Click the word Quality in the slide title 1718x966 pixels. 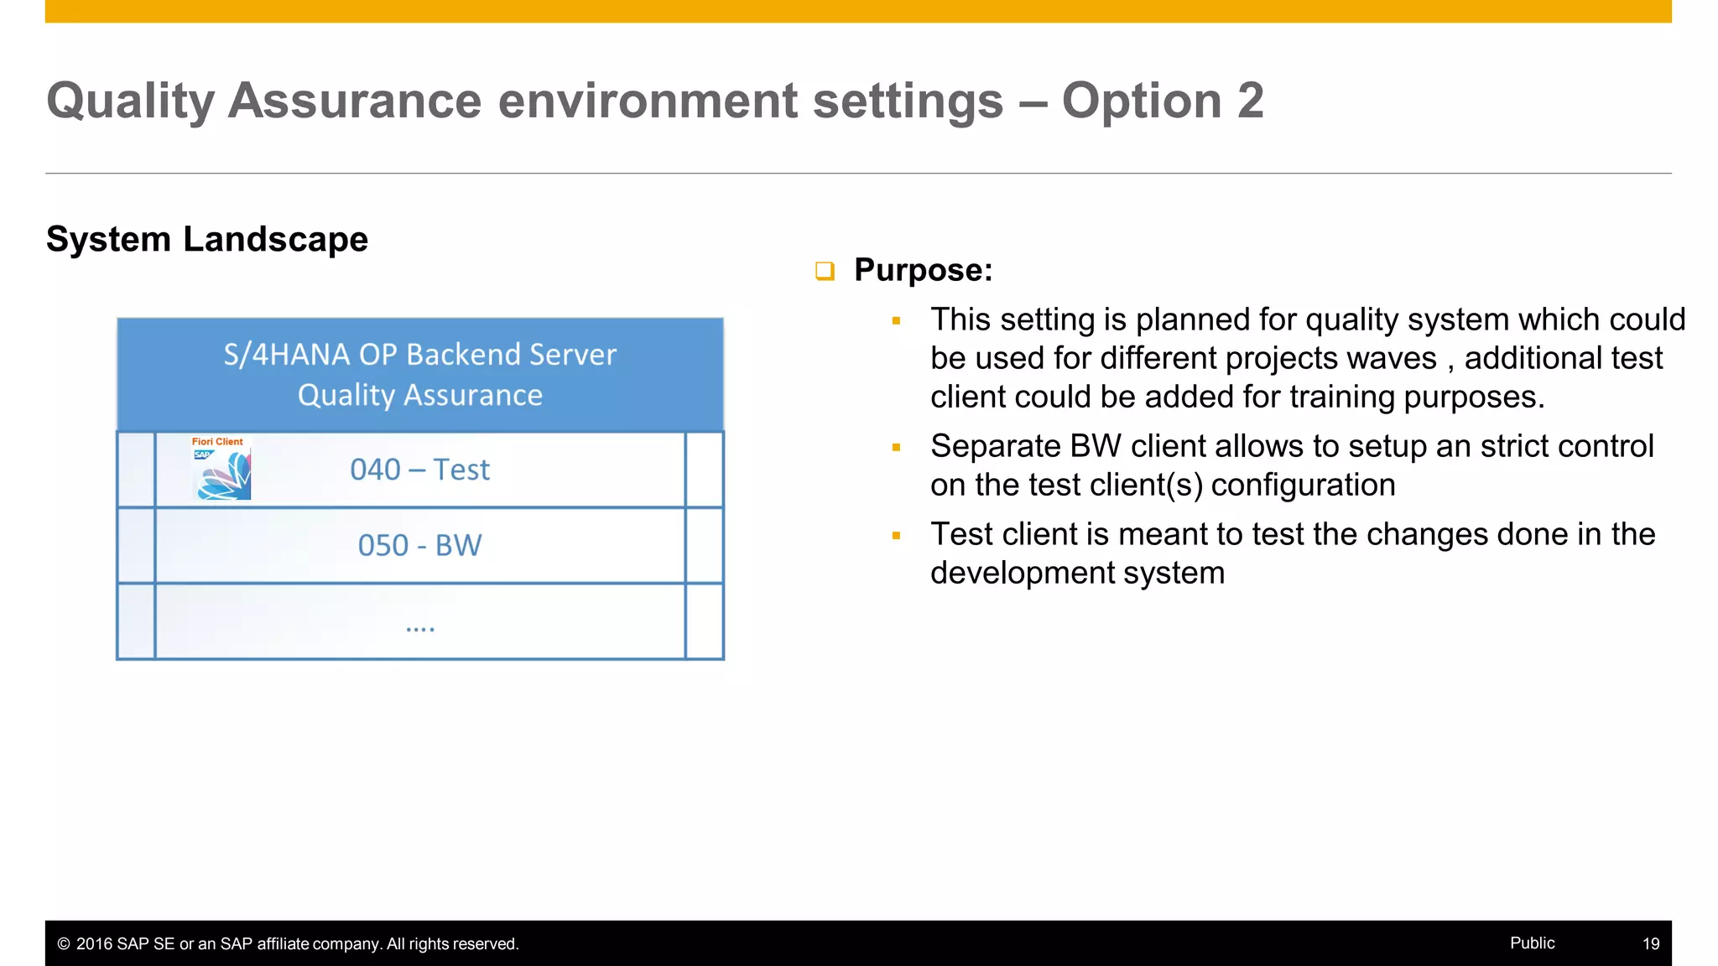coord(130,101)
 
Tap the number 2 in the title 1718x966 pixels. coord(1250,101)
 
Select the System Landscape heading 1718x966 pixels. coord(207,239)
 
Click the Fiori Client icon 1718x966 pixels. coord(221,469)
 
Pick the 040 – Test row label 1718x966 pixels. coord(419,470)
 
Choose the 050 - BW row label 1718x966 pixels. coord(419,546)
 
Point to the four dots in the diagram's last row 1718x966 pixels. coord(419,628)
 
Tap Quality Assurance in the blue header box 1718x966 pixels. coord(419,395)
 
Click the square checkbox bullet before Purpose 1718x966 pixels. coord(825,271)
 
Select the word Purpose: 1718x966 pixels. coord(923,270)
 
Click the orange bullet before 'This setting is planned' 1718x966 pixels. coord(896,320)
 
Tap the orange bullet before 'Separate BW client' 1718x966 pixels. coord(896,448)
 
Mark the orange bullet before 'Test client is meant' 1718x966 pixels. coord(896,535)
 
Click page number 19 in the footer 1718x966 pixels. coord(1650,943)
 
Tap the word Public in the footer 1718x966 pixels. coord(1532,943)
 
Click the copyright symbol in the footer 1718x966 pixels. coord(64,944)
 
